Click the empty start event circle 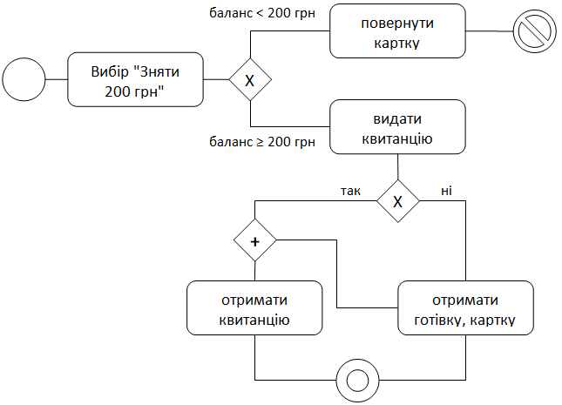24,80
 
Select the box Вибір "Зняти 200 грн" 135,80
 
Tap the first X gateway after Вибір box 250,80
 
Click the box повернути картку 397,32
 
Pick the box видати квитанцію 397,128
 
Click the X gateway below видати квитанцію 398,201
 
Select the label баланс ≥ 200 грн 262,141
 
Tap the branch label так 350,189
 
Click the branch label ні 446,189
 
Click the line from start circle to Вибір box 57,80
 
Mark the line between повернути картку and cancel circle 488,32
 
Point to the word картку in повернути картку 397,42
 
